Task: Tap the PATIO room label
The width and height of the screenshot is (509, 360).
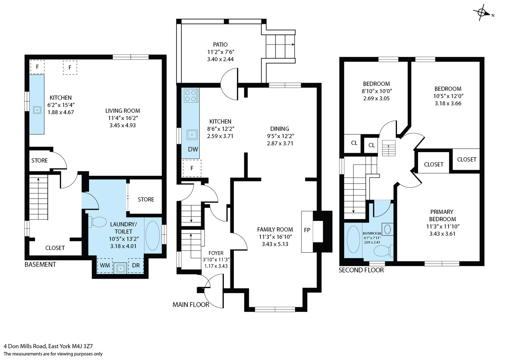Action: coord(220,45)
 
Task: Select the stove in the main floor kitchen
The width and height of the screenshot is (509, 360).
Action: coord(191,95)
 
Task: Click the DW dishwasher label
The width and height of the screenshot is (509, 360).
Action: coord(193,149)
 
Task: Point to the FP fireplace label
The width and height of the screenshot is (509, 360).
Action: coord(307,230)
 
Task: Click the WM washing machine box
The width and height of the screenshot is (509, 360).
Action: coord(105,265)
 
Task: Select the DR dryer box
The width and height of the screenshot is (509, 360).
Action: coord(136,265)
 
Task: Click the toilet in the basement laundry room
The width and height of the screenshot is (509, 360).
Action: coord(97,222)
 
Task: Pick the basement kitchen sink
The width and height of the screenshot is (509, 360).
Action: coord(37,110)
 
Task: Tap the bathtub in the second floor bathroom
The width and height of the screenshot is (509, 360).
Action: coord(353,239)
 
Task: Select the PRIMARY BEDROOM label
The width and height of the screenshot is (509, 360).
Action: coord(443,215)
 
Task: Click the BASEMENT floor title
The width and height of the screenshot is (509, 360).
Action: coord(40,265)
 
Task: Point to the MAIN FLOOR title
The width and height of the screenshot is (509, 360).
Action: coord(191,305)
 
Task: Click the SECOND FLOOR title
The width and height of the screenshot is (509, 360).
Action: coord(361,270)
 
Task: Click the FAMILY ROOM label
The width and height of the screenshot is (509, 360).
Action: coord(275,229)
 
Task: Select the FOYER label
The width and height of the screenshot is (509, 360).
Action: coord(216,253)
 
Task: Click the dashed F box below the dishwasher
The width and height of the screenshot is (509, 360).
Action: coord(192,168)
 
